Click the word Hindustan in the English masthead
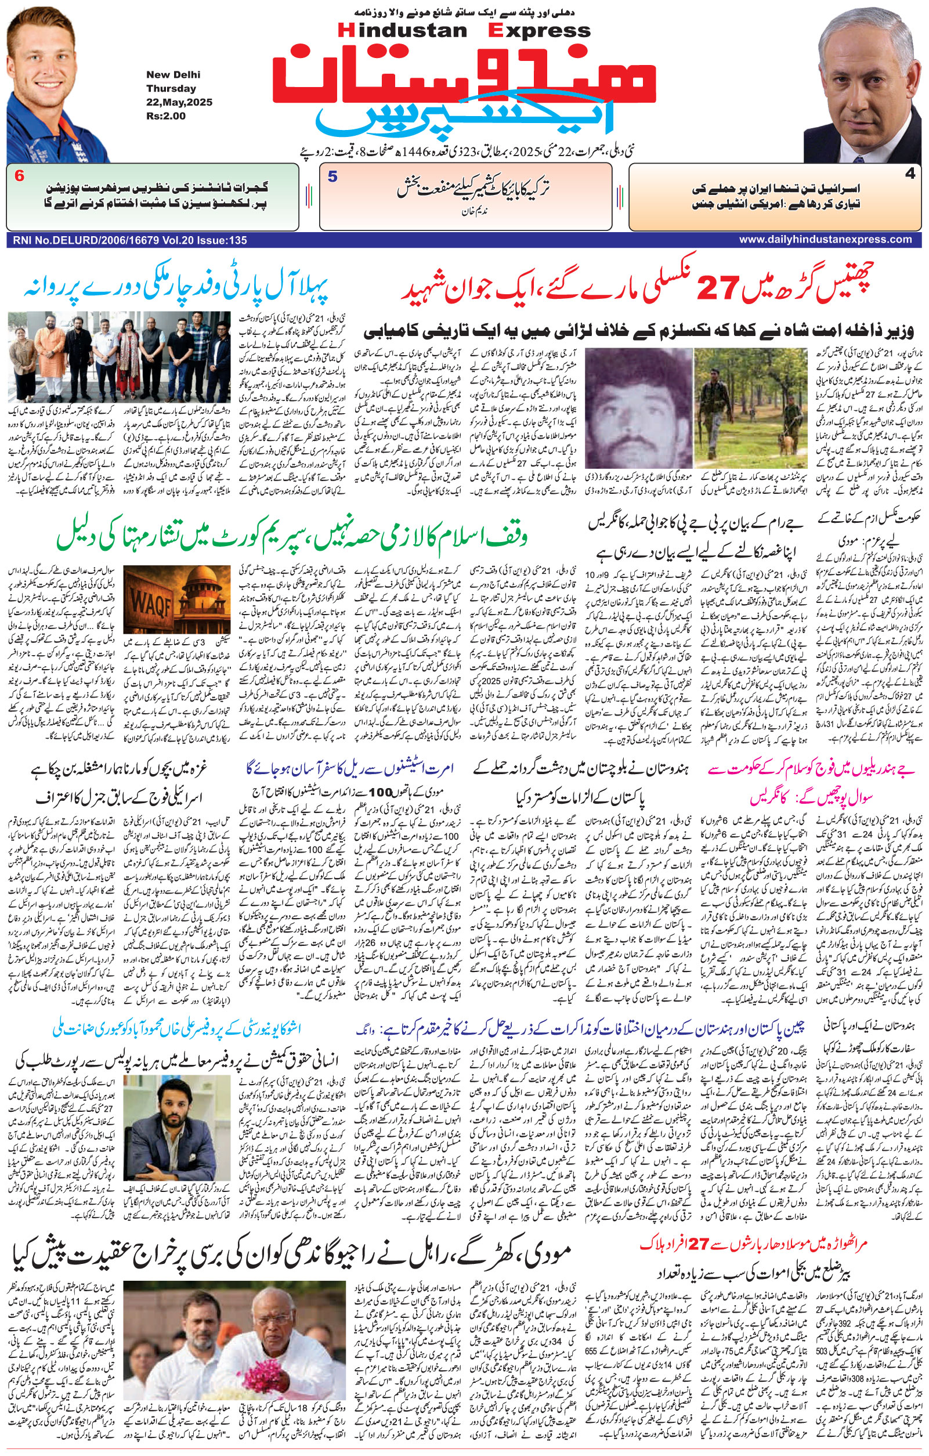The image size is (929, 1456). [x=403, y=30]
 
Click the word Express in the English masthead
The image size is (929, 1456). [x=539, y=30]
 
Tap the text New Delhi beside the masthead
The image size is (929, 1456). [x=173, y=75]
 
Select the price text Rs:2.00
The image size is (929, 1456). [x=165, y=116]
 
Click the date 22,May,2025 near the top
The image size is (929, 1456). [x=179, y=102]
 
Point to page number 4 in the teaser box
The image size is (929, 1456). [x=910, y=174]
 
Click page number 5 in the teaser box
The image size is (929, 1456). [x=332, y=176]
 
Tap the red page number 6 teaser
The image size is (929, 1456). [x=19, y=176]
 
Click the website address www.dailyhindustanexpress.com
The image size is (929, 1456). [x=825, y=240]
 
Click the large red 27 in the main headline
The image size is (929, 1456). [x=720, y=288]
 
